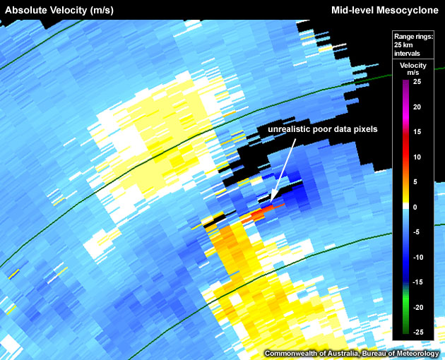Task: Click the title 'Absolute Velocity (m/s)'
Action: pyautogui.click(x=59, y=10)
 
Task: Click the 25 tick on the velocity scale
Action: pyautogui.click(x=417, y=82)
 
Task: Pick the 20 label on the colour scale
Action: pyautogui.click(x=417, y=107)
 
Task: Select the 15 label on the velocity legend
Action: pyautogui.click(x=417, y=132)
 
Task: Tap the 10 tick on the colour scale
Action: pyautogui.click(x=417, y=157)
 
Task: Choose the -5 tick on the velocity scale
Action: pyautogui.click(x=417, y=232)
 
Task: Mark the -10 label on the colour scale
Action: pyautogui.click(x=417, y=258)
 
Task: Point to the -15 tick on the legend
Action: pyautogui.click(x=417, y=282)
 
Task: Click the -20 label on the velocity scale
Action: pyautogui.click(x=417, y=308)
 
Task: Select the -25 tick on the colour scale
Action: pyautogui.click(x=417, y=332)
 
